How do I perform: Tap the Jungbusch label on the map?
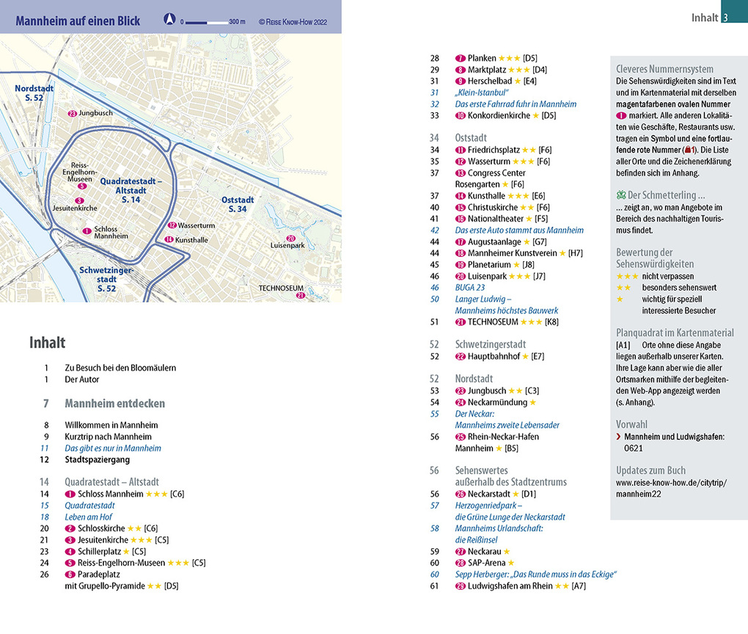point(95,114)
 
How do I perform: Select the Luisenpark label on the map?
point(288,246)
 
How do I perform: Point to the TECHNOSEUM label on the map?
point(281,288)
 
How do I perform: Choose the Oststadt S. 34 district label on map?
point(238,204)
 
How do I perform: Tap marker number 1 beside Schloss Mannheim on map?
point(87,231)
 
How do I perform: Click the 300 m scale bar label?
point(237,21)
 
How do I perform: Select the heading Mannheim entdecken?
point(114,404)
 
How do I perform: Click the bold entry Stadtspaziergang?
point(97,460)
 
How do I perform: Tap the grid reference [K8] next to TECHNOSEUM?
point(551,322)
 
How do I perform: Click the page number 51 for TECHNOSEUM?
point(434,322)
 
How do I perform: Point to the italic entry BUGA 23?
point(470,288)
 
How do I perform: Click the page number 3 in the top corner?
point(725,18)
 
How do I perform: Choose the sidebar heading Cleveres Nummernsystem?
point(664,70)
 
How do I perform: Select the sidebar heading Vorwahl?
point(632,424)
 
